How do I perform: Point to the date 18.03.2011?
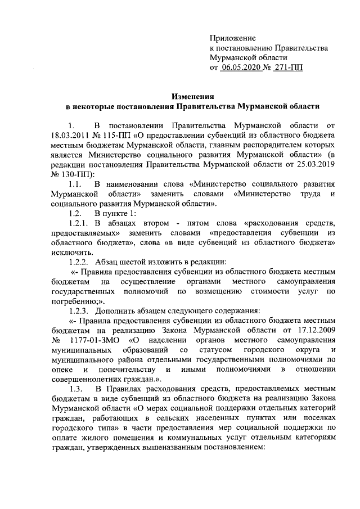pos(70,135)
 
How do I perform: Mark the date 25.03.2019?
pos(315,165)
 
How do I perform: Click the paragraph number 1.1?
pos(75,186)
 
